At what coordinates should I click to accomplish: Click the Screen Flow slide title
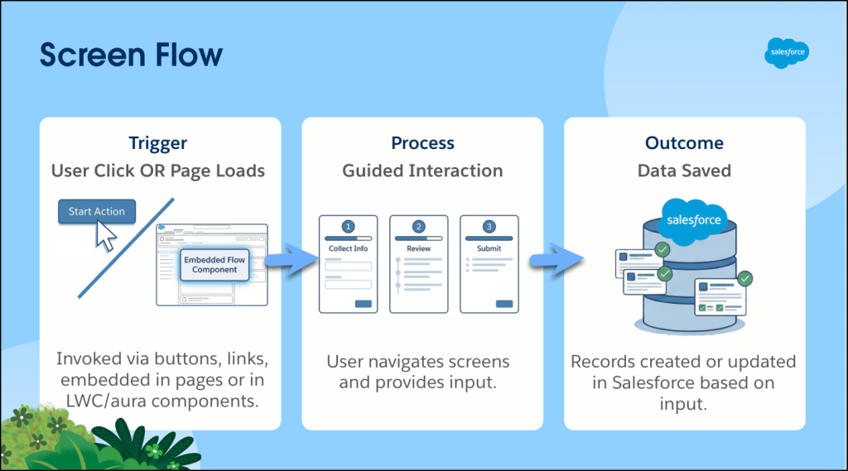coord(131,55)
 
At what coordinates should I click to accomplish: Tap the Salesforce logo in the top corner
coord(786,53)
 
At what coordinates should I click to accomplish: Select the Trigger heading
coord(157,143)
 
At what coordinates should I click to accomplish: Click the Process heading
coord(422,143)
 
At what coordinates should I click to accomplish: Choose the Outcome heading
coord(684,143)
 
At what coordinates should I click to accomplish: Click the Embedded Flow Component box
coord(214,265)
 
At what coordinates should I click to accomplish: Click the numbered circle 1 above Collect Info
coord(349,227)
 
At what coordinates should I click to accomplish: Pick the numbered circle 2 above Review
coord(418,227)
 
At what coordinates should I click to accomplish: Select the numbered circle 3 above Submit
coord(489,227)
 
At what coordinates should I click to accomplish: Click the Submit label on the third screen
coord(489,248)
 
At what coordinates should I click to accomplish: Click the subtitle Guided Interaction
coord(422,171)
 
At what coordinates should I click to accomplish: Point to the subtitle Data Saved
coord(684,171)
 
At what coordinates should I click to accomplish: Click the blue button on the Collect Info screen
coord(363,304)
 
